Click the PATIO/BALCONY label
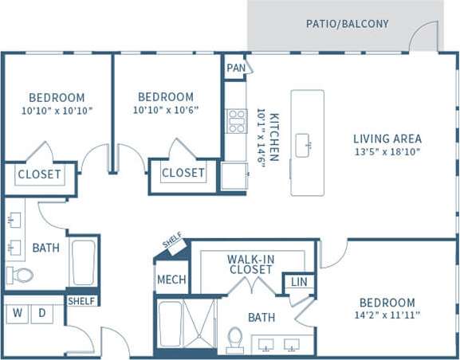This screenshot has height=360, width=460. coord(348,24)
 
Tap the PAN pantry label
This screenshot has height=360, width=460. coord(235,68)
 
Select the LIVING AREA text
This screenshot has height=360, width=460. coord(387,139)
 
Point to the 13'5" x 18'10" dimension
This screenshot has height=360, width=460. coord(387,151)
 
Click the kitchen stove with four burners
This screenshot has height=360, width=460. coord(237,121)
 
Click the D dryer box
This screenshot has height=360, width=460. coord(41,313)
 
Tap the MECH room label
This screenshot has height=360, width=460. coord(171,280)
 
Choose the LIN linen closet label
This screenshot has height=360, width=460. coord(299,282)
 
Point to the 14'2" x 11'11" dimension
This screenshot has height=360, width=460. coord(387,315)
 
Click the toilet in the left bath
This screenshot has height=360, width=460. coord(21,276)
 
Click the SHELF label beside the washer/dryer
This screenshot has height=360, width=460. coord(81,301)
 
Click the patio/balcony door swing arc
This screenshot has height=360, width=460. coord(426,37)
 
